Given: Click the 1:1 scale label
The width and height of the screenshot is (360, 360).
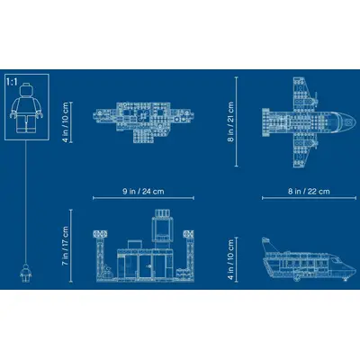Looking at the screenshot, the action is coord(12,82).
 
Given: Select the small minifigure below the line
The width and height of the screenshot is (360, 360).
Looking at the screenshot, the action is coord(25,273).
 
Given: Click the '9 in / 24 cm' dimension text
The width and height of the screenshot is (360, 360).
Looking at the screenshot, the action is coord(143,192).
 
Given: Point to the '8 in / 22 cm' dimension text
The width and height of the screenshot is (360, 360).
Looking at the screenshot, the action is coord(309,192).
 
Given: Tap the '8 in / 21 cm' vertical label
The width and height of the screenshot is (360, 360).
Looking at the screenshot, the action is coord(230,121).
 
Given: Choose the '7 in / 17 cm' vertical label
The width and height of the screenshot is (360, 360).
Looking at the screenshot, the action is coord(65,246).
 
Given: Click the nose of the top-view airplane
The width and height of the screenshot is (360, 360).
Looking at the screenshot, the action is coord(353,122).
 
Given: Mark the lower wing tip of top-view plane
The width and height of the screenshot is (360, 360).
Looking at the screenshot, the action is coord(299,165).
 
